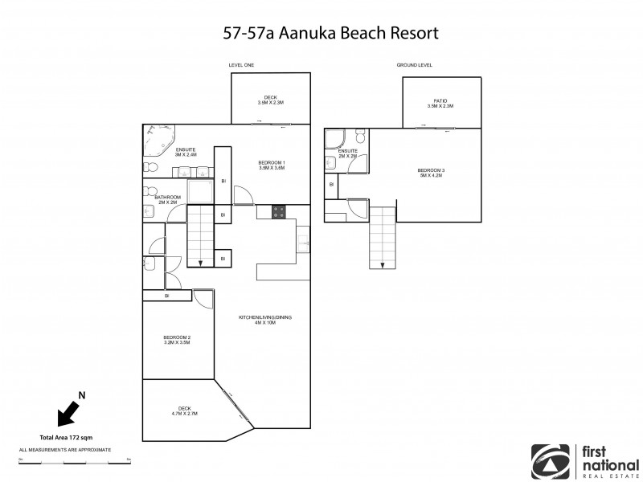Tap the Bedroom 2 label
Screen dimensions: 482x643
[176, 339]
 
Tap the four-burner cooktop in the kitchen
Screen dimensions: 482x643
[279, 212]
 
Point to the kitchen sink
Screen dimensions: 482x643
[303, 239]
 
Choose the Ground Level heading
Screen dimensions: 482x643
[413, 65]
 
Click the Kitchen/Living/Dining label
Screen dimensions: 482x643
[264, 321]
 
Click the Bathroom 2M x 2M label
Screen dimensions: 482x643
[168, 199]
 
